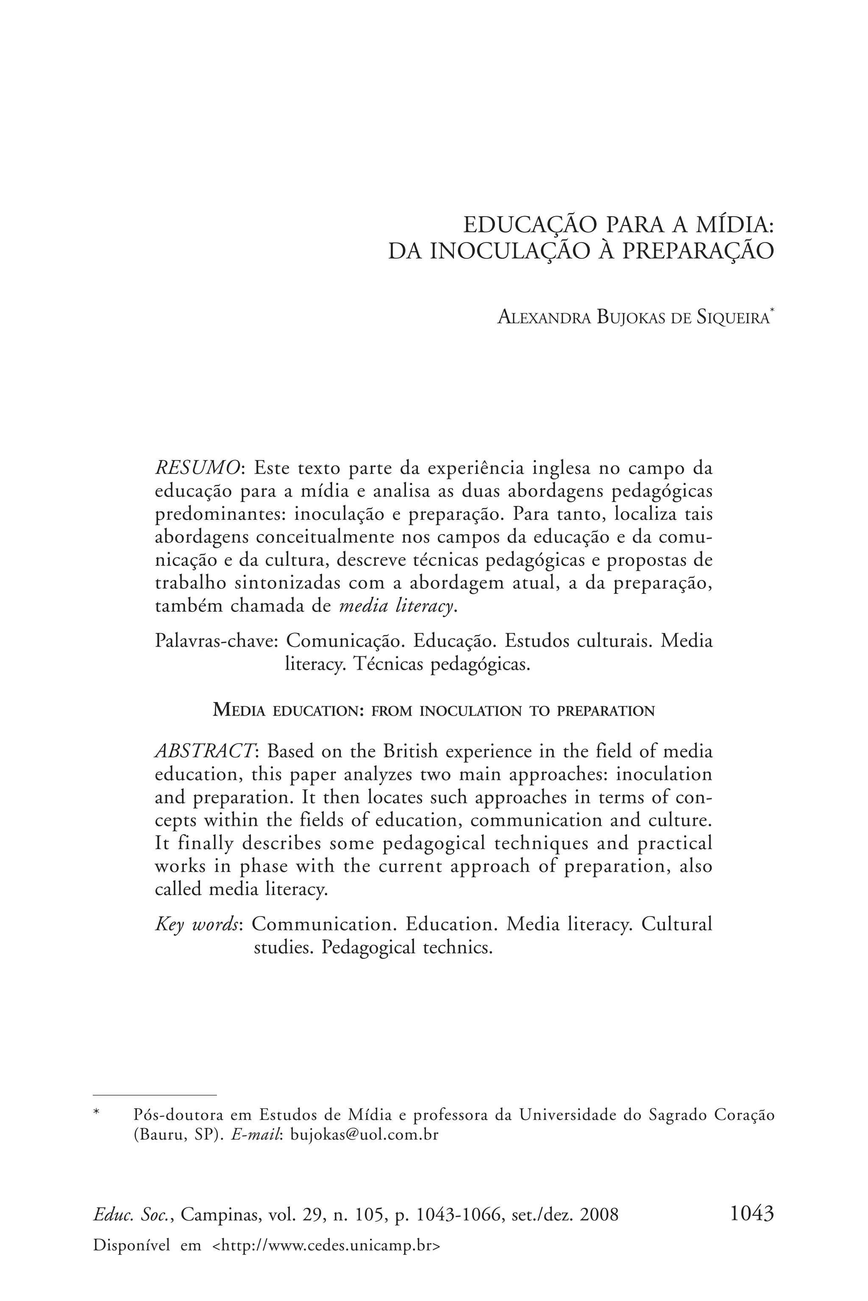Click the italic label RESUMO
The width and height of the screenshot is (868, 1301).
point(198,468)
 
